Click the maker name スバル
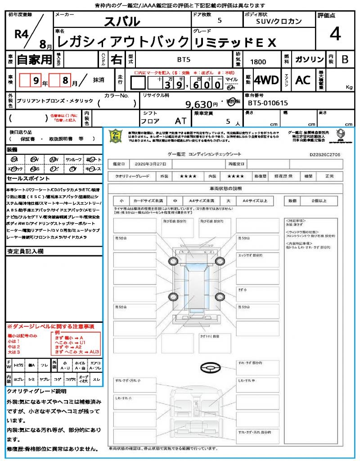click(122, 21)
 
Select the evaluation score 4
click(334, 34)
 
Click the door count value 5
click(219, 21)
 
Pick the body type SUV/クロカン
click(279, 21)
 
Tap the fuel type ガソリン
click(309, 59)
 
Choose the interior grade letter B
click(345, 59)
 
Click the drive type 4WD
click(266, 80)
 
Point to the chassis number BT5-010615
click(268, 103)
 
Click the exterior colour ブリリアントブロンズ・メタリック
click(54, 101)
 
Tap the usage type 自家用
click(35, 59)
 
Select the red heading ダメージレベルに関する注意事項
click(52, 326)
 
